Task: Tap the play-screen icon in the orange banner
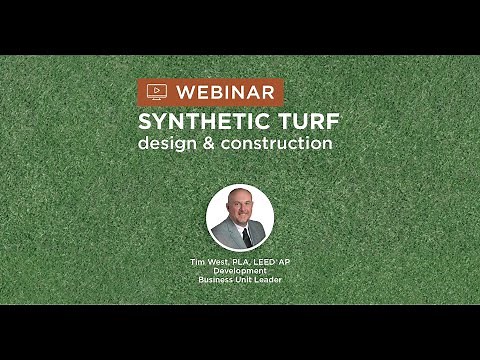coord(155,91)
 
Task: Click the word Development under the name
coord(240,270)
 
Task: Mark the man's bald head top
coord(240,192)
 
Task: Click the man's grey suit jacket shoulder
coord(222,236)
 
